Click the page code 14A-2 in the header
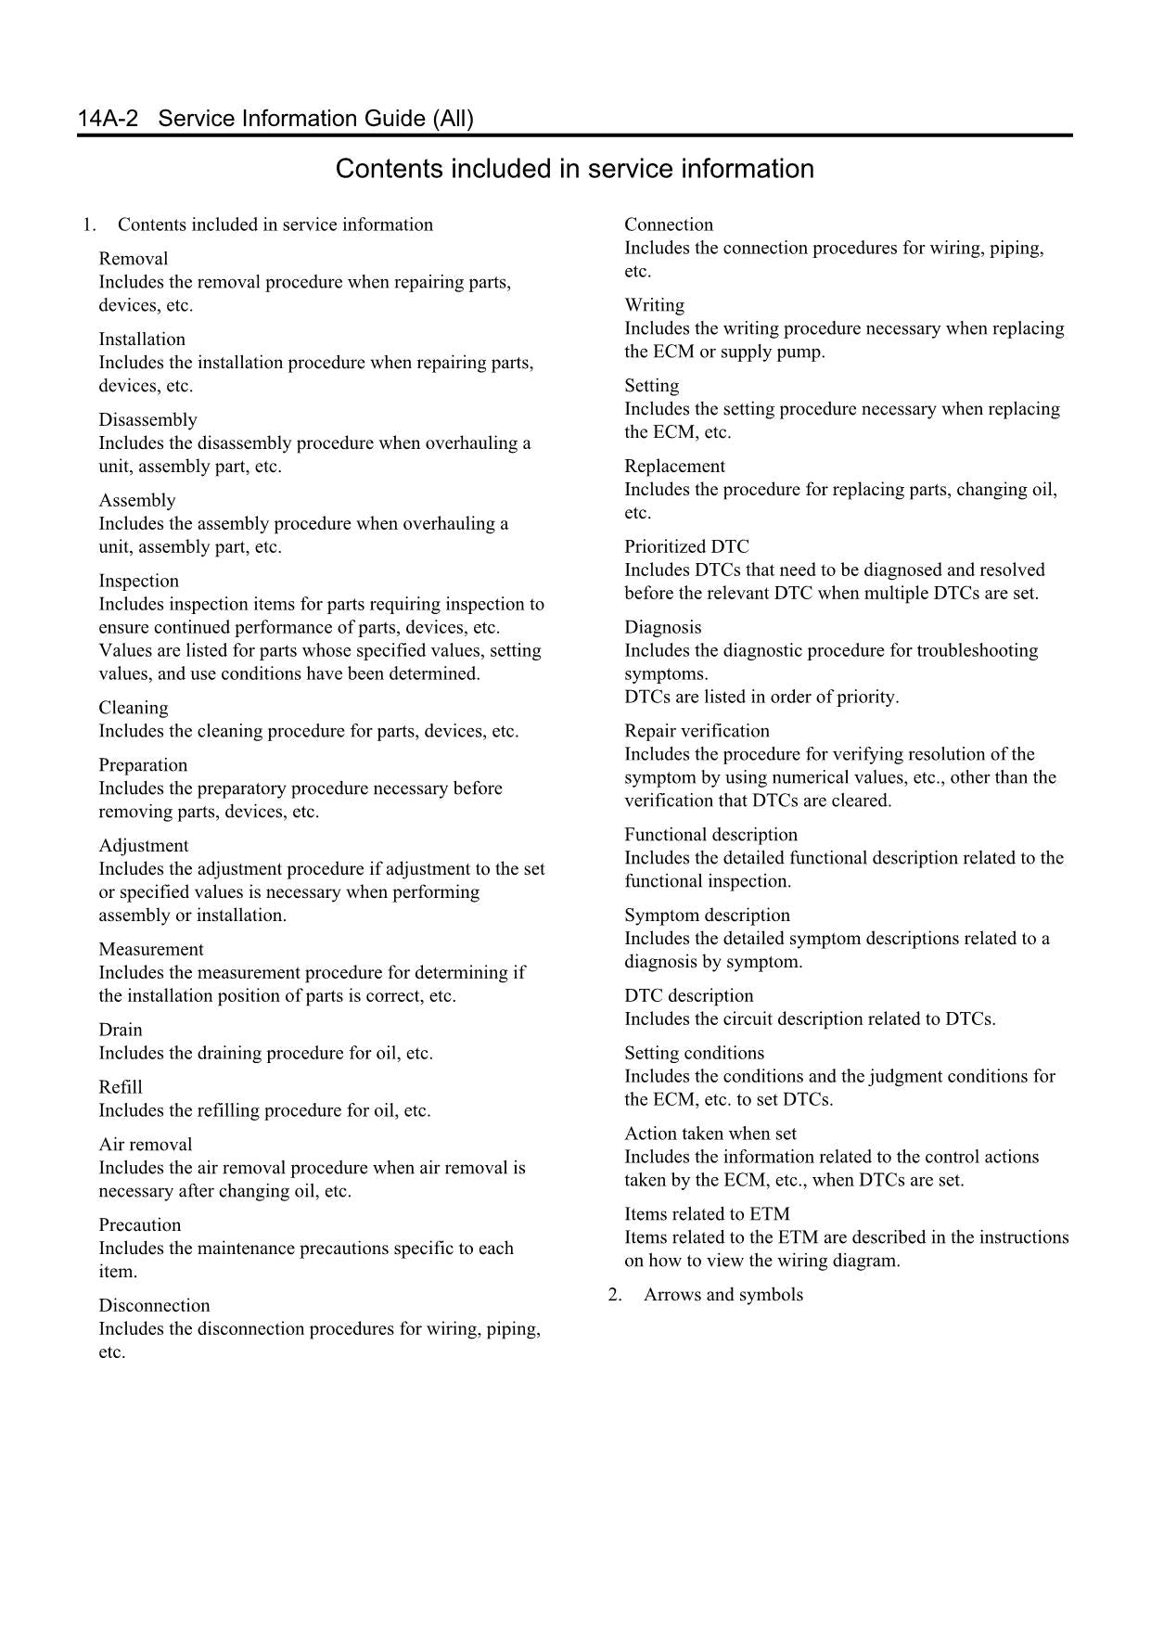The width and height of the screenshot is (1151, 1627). [108, 119]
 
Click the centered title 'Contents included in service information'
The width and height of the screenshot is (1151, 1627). [574, 169]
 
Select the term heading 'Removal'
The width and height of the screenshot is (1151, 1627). [134, 259]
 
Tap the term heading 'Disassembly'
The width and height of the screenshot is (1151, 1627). [147, 420]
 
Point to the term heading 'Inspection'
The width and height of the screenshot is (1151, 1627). [138, 582]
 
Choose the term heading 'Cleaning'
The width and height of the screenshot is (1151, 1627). [134, 709]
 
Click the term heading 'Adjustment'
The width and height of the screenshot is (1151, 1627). [143, 846]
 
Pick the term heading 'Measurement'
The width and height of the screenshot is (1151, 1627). [150, 950]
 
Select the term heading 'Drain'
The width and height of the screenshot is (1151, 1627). [121, 1031]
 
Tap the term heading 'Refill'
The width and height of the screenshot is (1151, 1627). [121, 1088]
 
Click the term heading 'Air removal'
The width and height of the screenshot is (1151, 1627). [145, 1146]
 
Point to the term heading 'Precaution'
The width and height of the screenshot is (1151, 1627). [139, 1225]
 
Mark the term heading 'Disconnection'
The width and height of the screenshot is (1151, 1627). [154, 1306]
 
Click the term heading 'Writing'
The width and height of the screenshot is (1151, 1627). [654, 305]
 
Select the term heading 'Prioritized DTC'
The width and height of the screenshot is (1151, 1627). [685, 547]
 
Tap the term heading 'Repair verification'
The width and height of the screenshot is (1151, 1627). [697, 731]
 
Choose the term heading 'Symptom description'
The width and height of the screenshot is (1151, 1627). [707, 916]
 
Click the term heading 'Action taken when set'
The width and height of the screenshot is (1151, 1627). [710, 1134]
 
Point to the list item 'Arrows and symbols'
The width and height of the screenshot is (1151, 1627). [723, 1295]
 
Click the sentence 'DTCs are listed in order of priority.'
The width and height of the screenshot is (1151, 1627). [761, 698]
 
